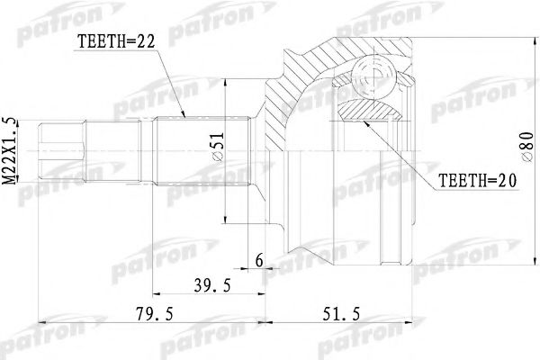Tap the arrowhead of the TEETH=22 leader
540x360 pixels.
click(184, 118)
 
